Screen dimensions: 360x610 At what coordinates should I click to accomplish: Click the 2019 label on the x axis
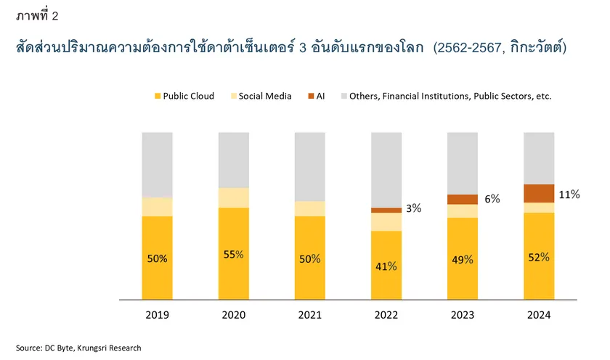point(157,315)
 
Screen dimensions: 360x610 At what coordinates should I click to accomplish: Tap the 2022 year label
point(386,315)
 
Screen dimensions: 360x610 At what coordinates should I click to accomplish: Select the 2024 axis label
point(539,315)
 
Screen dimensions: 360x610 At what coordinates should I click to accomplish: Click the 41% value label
point(386,266)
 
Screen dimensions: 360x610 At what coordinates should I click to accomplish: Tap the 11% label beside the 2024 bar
point(569,194)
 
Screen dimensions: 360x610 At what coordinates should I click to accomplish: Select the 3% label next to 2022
point(414,208)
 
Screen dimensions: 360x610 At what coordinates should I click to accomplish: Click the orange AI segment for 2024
point(539,193)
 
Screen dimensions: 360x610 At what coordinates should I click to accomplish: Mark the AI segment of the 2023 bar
point(463,199)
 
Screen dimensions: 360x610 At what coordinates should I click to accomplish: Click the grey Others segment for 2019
point(157,165)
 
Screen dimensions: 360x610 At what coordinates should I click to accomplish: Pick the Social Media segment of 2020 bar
point(233,197)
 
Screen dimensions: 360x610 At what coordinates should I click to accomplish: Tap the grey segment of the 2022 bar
point(386,170)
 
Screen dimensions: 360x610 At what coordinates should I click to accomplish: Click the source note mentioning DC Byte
point(78,348)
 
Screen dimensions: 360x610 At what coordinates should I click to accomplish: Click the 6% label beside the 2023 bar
point(492,199)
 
